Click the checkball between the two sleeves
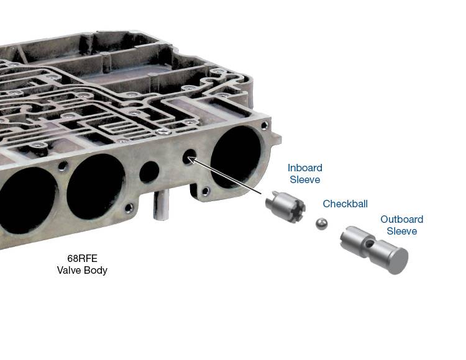[321, 224]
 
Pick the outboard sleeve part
[374, 250]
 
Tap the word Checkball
[345, 204]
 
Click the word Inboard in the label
[305, 168]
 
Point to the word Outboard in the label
[402, 219]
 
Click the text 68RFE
[82, 258]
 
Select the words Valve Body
[82, 271]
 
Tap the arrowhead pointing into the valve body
[192, 160]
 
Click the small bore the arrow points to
[190, 156]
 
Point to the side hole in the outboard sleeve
[368, 244]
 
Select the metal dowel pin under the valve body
[161, 205]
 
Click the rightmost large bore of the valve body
[235, 156]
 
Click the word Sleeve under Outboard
[402, 231]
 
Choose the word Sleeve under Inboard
[305, 179]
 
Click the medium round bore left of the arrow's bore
[149, 172]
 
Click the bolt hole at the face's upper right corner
[264, 125]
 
